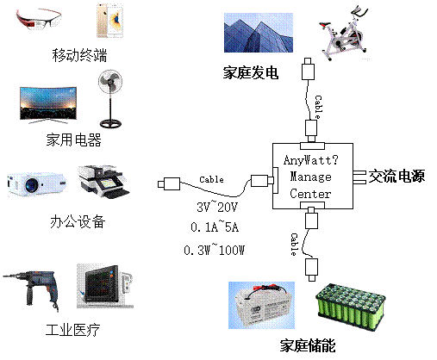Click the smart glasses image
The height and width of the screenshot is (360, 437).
pos(38,19)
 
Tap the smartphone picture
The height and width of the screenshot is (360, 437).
pos(109,21)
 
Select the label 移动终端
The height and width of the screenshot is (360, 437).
pos(79,55)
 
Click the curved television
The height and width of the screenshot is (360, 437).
pos(48,105)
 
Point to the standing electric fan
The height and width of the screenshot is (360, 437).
pos(110,98)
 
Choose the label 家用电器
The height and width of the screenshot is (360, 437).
pos(74,140)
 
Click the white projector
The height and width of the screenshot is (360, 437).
pos(36,184)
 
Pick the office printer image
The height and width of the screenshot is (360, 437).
pos(103,182)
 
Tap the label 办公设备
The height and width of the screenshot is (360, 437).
pos(78,221)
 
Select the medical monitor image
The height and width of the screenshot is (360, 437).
pos(105,286)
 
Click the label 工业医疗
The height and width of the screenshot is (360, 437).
pos(73,330)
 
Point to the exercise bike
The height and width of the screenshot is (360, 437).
pos(344,33)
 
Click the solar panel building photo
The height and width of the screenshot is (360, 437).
pos(259,33)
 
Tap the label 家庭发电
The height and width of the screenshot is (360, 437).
pos(251,72)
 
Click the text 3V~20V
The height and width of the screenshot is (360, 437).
pos(217,207)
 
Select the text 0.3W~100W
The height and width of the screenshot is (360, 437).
pos(214,250)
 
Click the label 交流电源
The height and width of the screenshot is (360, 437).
pos(396,176)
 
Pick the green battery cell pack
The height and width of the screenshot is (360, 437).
pos(351,307)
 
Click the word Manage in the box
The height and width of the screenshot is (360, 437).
pos(310,177)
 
